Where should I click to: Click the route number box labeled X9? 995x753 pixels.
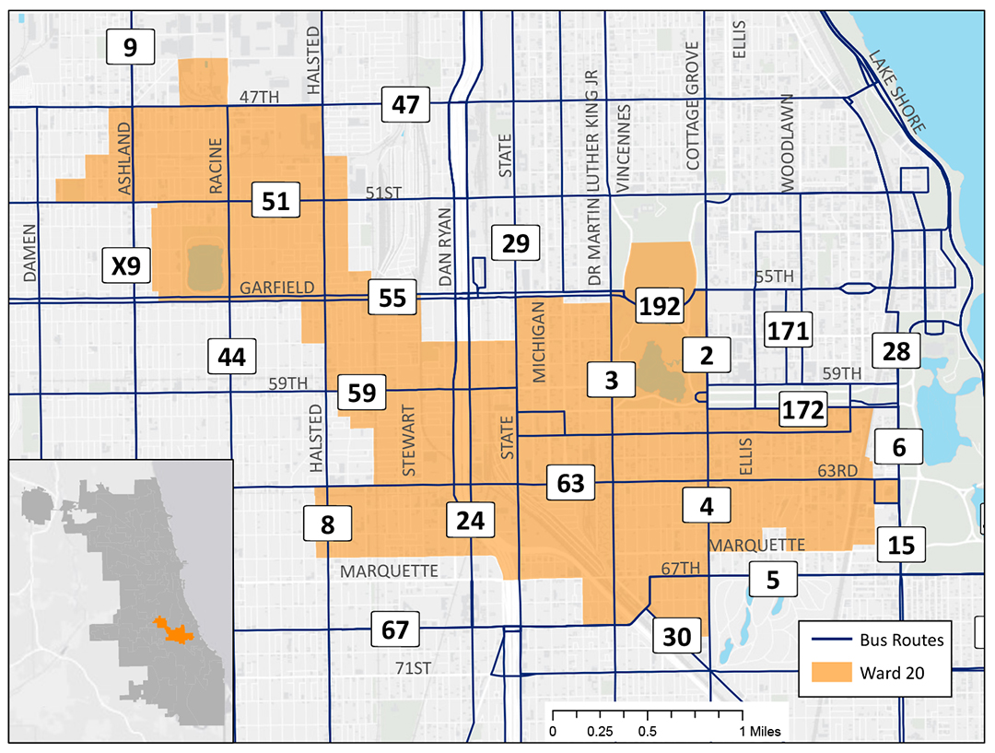tap(125, 267)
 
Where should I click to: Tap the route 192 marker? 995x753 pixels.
tap(661, 306)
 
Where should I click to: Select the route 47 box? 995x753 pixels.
tap(406, 106)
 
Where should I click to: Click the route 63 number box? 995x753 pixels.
tap(571, 484)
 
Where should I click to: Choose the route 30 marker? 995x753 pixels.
tap(676, 636)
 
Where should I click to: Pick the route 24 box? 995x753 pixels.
tap(470, 520)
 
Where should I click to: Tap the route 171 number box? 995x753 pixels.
tap(789, 329)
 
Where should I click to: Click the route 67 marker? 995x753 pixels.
tap(394, 631)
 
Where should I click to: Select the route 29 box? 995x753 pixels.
tap(515, 244)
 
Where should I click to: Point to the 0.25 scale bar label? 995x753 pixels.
tap(600, 732)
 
